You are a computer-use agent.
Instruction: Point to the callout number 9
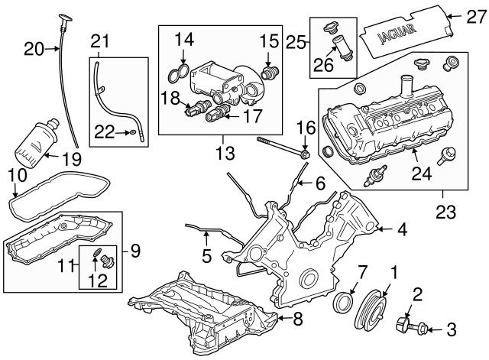tap(134, 248)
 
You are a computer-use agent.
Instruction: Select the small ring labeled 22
tap(133, 133)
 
